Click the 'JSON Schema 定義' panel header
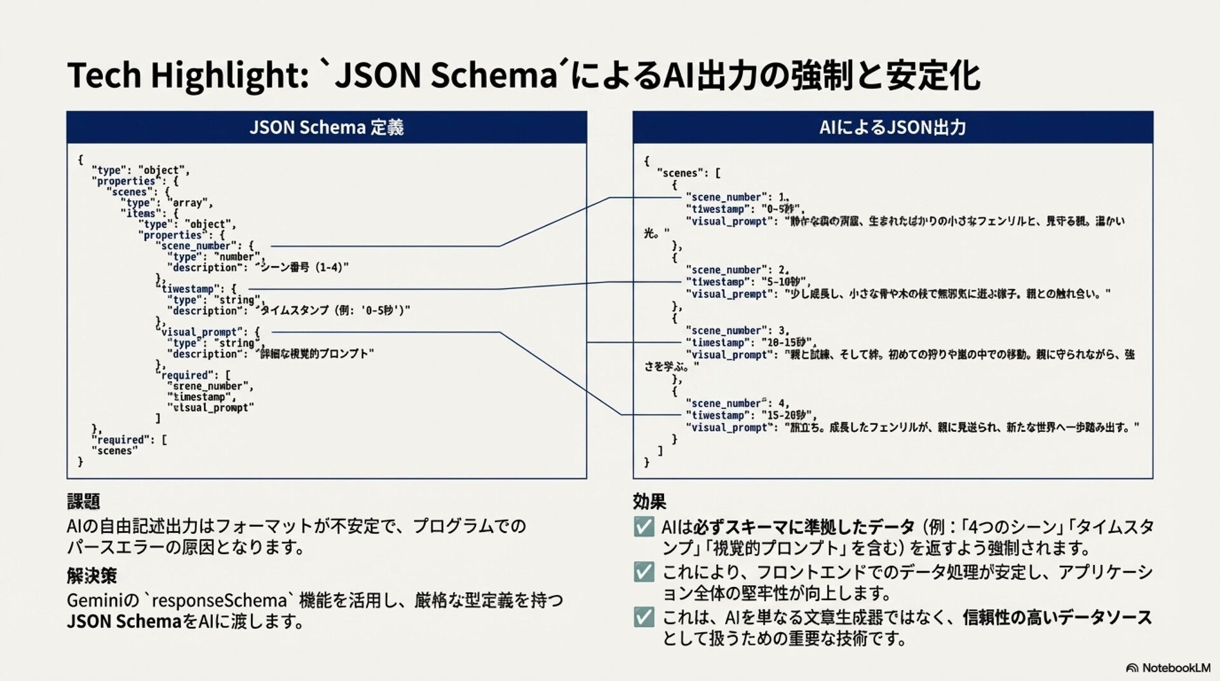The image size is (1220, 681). [327, 128]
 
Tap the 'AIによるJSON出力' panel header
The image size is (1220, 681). [892, 128]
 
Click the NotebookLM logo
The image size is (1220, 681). [1168, 668]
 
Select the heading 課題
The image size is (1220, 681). [83, 502]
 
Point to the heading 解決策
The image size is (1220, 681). [91, 576]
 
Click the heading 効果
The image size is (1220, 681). [649, 502]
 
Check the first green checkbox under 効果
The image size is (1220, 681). [644, 527]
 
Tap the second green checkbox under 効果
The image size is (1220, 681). [644, 572]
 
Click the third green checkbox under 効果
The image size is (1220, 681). [644, 617]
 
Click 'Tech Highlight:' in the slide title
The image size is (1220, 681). [187, 75]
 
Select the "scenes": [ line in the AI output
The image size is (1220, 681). [689, 173]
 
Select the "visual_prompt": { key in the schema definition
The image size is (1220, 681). [210, 332]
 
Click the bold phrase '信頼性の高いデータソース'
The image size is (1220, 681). [1057, 617]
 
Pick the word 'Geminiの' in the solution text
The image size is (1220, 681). [102, 600]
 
